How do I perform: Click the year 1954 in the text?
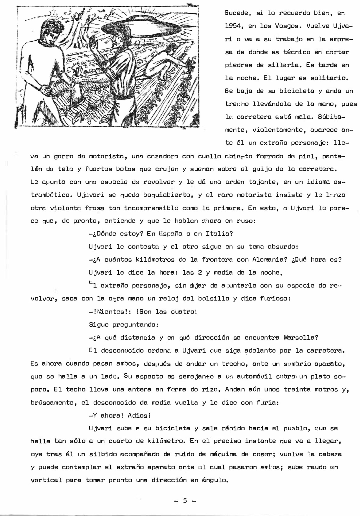click(234, 26)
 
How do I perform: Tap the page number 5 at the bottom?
click(185, 500)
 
